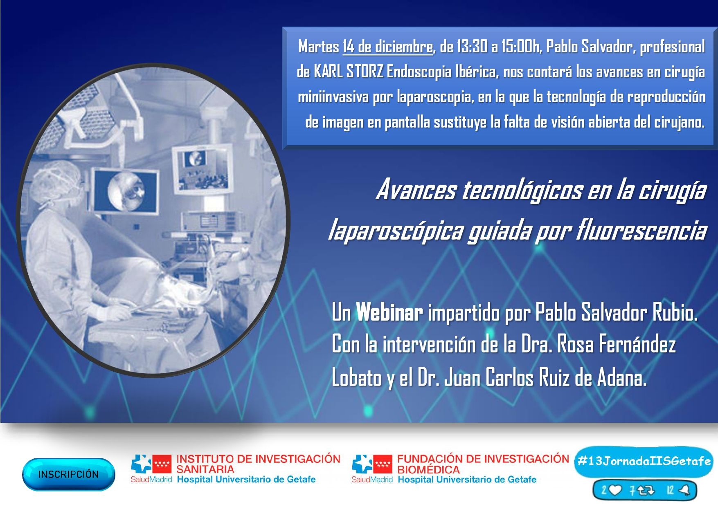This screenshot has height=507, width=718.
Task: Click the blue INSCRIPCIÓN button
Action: [69, 474]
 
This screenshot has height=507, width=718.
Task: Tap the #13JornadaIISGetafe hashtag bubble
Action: [644, 462]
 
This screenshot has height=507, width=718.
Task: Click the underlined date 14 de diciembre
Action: [387, 47]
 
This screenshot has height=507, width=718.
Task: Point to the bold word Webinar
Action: [389, 313]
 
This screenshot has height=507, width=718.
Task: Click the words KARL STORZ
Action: [348, 72]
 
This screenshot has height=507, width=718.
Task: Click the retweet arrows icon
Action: [645, 490]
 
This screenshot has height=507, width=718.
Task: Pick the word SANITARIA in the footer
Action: [205, 469]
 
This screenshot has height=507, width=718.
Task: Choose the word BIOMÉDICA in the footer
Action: [428, 469]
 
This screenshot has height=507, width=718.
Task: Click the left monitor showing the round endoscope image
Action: [125, 191]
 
